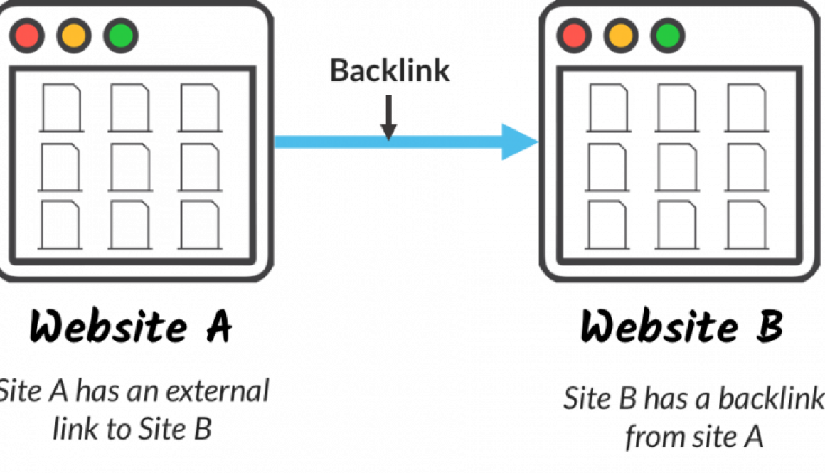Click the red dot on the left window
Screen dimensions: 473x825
[28, 36]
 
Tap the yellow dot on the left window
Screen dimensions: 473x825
[74, 36]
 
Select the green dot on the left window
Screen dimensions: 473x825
[120, 36]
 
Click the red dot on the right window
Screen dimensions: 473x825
[574, 36]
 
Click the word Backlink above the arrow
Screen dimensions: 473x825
[390, 70]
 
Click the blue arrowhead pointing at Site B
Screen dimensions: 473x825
[518, 142]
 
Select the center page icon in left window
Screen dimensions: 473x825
[130, 166]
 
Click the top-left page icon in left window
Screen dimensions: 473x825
[60, 107]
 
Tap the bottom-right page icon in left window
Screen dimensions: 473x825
[200, 225]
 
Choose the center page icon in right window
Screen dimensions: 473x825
[676, 166]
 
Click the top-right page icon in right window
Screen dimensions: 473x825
[746, 107]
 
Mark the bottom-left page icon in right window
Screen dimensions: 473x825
[607, 225]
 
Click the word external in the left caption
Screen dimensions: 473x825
[216, 392]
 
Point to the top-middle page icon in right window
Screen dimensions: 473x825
[676, 107]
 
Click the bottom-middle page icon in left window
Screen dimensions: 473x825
[130, 225]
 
